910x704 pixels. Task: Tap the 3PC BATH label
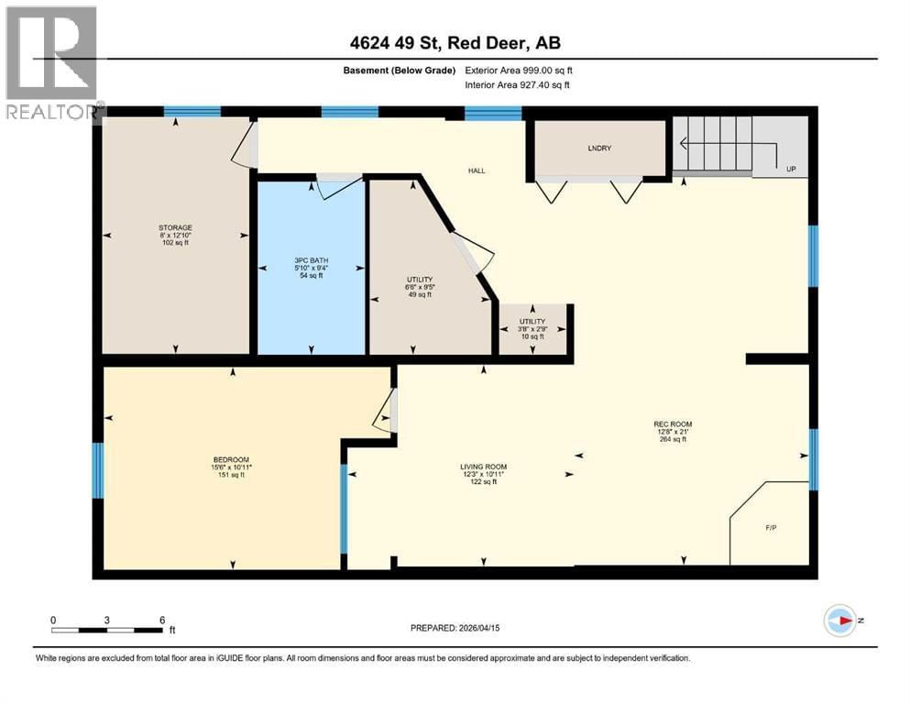point(312,260)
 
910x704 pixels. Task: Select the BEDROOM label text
point(231,459)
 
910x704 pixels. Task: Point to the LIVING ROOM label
point(483,467)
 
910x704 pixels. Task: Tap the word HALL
point(477,170)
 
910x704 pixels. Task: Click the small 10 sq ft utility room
point(532,329)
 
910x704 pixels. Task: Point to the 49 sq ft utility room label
point(419,279)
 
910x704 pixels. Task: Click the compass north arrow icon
point(839,620)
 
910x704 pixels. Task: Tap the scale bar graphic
point(107,630)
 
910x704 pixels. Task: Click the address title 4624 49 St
point(455,44)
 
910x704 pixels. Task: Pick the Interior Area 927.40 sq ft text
point(518,85)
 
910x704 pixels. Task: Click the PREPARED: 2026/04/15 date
point(455,628)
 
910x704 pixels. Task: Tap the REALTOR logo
point(52,62)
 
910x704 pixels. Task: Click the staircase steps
point(713,145)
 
